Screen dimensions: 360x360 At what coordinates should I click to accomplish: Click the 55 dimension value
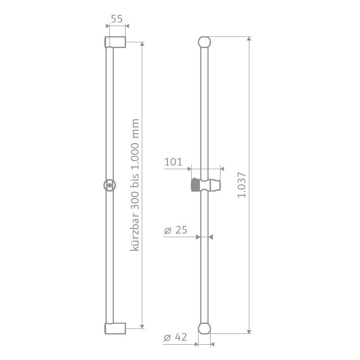click(117, 19)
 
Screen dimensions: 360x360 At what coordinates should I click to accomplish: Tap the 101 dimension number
click(173, 162)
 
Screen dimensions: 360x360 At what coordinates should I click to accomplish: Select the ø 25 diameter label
click(175, 230)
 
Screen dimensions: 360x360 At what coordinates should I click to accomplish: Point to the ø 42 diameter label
click(175, 337)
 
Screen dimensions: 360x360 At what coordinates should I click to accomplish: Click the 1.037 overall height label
click(242, 185)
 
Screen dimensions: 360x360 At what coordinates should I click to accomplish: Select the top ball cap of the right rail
click(204, 42)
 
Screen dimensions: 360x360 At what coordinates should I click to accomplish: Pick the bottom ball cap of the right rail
click(204, 328)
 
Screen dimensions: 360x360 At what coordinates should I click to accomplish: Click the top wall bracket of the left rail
click(115, 42)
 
